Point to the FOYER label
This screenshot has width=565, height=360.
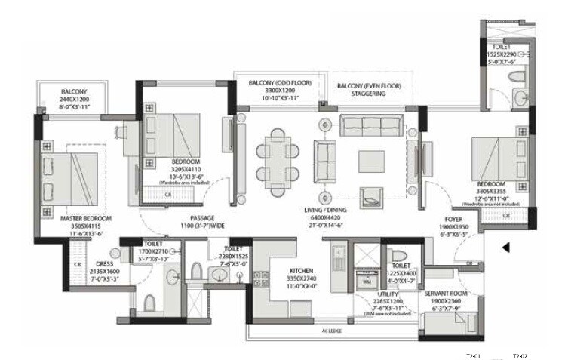click(x=453, y=220)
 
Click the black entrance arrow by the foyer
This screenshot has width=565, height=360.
click(x=508, y=247)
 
